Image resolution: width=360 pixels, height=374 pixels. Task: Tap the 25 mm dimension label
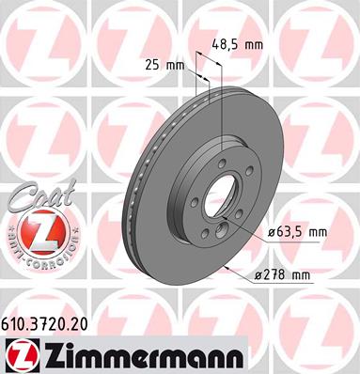[x=165, y=66]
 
